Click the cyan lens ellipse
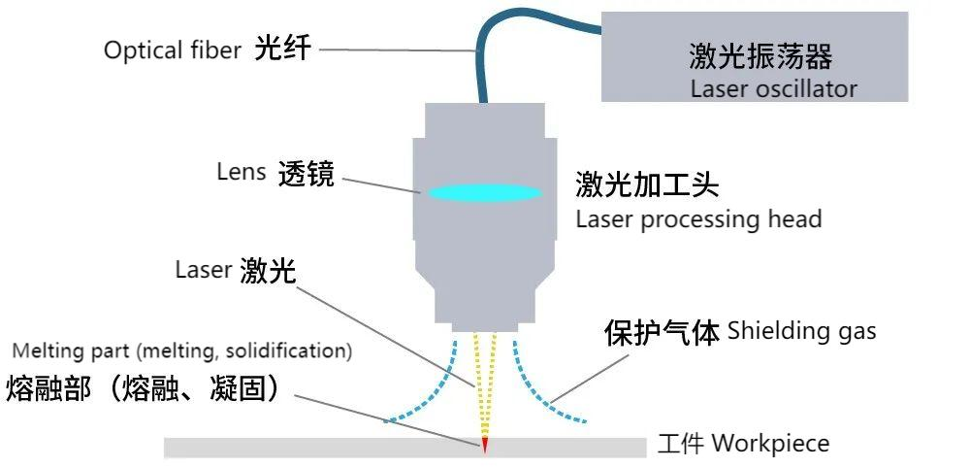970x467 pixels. coord(484,192)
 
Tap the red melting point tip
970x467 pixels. coord(484,446)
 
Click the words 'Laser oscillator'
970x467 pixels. coord(773,89)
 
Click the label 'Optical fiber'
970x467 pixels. coord(172,50)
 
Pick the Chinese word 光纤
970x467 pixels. coord(283,49)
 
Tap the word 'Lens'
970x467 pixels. coord(242,172)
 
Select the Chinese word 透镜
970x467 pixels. coord(306,174)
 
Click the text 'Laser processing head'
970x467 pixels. coord(698,218)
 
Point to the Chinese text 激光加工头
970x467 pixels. coord(647,183)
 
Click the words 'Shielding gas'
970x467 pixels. coord(801,331)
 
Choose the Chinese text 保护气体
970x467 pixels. coord(662,333)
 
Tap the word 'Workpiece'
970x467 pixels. coord(770,444)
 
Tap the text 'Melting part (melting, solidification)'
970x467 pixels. coord(182,350)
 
